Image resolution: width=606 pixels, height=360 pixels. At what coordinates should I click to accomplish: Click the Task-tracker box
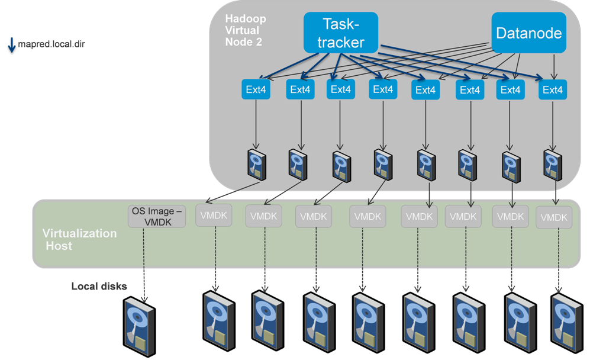pyautogui.click(x=341, y=32)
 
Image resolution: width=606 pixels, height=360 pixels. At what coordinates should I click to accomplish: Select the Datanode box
pyautogui.click(x=528, y=33)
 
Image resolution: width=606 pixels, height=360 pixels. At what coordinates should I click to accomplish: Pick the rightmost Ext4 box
pyautogui.click(x=552, y=90)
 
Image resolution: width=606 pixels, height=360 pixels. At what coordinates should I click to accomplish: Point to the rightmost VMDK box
pyautogui.click(x=553, y=218)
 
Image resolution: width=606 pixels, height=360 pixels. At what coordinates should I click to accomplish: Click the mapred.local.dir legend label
pyautogui.click(x=51, y=44)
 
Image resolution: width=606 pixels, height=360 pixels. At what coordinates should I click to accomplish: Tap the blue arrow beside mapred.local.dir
pyautogui.click(x=11, y=45)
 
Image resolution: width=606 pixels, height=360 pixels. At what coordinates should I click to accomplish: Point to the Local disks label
pyautogui.click(x=99, y=287)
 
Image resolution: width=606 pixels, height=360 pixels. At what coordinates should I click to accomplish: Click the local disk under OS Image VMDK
pyautogui.click(x=140, y=322)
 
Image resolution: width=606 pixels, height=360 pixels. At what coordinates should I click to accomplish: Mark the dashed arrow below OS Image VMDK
pyautogui.click(x=144, y=261)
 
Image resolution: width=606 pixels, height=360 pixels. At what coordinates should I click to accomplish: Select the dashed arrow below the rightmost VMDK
pyautogui.click(x=558, y=261)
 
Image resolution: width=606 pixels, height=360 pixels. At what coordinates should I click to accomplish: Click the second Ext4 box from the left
pyautogui.click(x=300, y=90)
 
